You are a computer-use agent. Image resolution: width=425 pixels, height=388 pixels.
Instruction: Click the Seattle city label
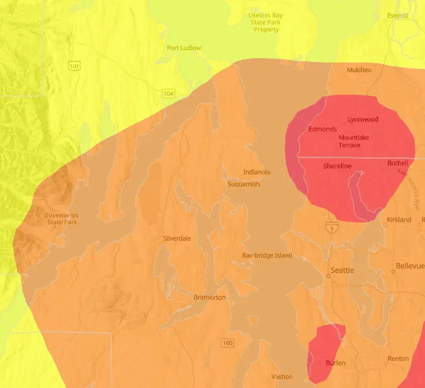(342, 270)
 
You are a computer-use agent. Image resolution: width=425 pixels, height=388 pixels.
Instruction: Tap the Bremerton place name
(209, 297)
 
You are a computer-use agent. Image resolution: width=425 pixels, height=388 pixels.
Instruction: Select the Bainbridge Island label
(267, 255)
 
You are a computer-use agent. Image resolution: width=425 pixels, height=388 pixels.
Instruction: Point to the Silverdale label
(177, 238)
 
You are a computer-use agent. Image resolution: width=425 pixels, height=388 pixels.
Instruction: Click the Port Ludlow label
(184, 47)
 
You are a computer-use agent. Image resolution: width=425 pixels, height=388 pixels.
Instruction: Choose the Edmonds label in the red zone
(322, 129)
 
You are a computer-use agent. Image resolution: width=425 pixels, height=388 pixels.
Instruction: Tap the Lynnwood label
(362, 119)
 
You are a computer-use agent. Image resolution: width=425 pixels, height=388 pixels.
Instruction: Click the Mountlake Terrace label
(354, 141)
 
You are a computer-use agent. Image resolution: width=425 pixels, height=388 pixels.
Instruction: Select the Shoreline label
(337, 166)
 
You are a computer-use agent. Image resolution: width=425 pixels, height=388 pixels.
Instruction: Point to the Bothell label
(398, 163)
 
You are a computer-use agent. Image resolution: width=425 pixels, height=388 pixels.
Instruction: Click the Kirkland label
(398, 220)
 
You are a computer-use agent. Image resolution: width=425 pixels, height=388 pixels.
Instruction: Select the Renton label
(398, 358)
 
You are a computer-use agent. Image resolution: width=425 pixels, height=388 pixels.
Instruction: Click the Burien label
(335, 363)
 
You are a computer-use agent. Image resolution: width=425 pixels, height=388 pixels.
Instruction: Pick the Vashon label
(282, 377)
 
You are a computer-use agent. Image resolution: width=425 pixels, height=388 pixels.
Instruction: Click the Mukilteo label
(358, 70)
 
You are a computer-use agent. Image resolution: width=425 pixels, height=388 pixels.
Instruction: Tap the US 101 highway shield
(75, 65)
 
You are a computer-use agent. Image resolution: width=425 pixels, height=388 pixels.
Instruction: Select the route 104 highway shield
(167, 93)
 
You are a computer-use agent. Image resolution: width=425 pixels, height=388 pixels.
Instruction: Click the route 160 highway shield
(227, 343)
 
